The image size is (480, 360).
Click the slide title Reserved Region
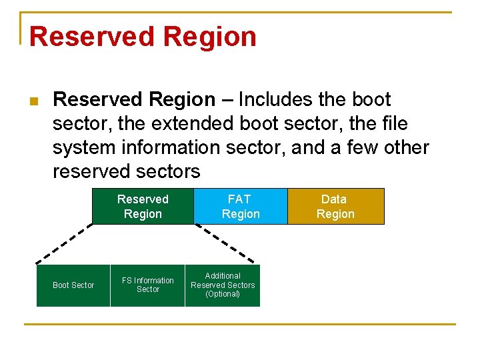[143, 36]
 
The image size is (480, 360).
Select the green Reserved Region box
[143, 207]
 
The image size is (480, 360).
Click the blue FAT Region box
[240, 207]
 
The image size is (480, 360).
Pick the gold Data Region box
[335, 207]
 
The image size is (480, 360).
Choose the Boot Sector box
[73, 285]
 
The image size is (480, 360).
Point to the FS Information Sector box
[147, 285]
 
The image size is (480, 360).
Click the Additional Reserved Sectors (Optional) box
[223, 285]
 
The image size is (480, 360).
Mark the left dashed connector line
[64, 244]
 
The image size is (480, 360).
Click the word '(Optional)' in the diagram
[223, 294]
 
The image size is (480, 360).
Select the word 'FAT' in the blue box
[240, 199]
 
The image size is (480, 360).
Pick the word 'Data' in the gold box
[334, 199]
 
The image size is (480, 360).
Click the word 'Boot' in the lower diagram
[61, 285]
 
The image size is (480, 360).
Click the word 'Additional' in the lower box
[223, 276]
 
